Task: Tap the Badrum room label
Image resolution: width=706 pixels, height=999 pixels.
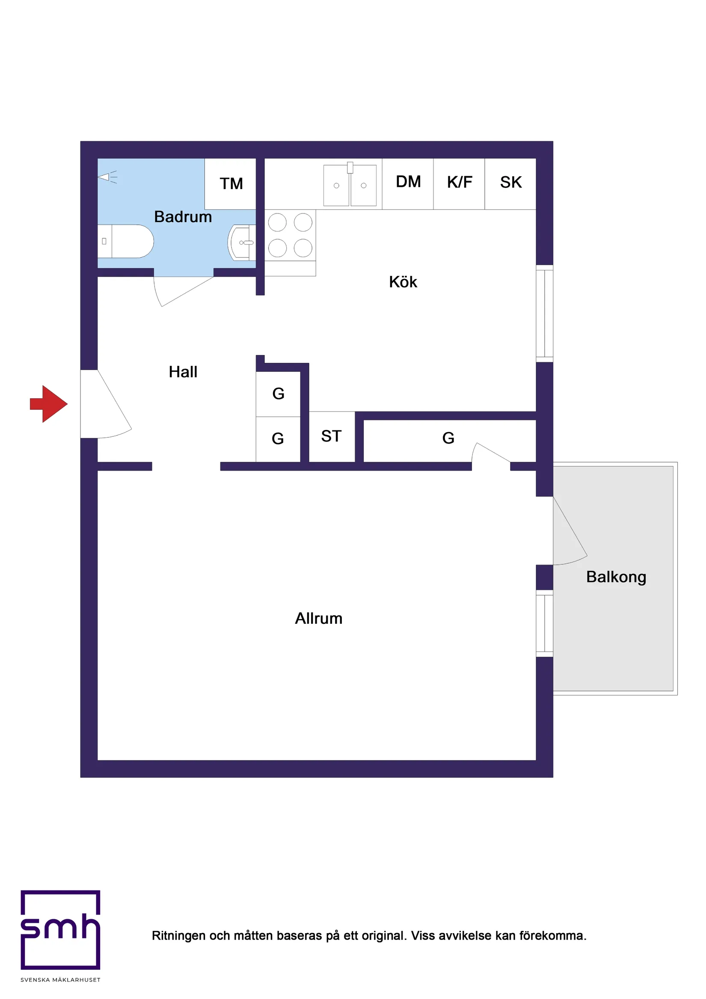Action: [x=183, y=216]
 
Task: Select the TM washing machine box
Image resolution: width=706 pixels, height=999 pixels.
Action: [x=231, y=184]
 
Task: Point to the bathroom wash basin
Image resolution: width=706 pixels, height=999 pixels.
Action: [x=242, y=242]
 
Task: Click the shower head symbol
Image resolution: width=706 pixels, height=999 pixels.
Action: [x=107, y=177]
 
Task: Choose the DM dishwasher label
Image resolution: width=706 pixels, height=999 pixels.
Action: [x=408, y=182]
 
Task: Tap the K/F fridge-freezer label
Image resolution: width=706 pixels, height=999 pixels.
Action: [x=459, y=182]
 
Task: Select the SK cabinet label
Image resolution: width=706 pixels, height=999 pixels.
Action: [x=510, y=182]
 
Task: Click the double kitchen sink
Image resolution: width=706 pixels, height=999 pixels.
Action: [x=350, y=185]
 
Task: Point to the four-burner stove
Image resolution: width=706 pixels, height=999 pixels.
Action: [x=290, y=235]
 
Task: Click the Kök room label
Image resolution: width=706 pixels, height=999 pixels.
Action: [x=403, y=282]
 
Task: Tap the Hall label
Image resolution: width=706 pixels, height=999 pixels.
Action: [x=183, y=372]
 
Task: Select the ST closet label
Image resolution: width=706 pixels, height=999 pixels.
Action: [x=331, y=436]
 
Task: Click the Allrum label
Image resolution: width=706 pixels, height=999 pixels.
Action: [x=319, y=618]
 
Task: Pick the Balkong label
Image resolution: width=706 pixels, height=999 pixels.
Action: [x=616, y=577]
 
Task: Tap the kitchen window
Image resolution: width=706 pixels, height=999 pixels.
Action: [x=544, y=313]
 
